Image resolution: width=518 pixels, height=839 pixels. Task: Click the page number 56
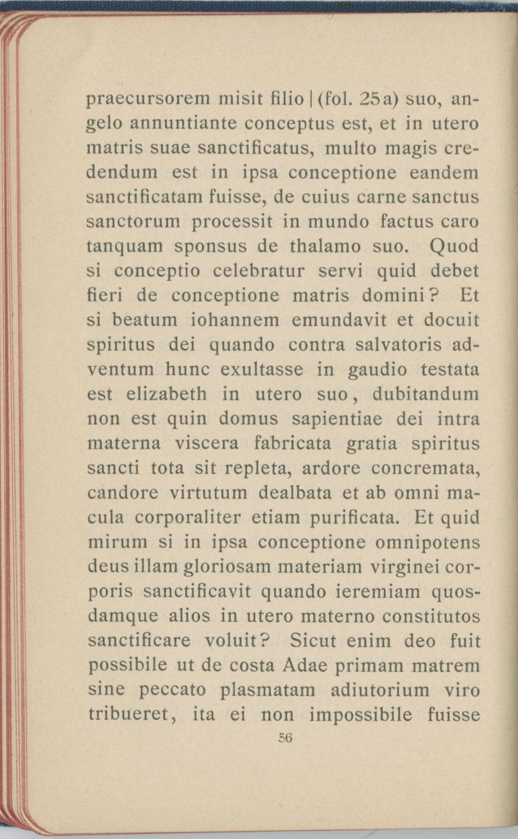pyautogui.click(x=285, y=738)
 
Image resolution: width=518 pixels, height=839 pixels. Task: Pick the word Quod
pyautogui.click(x=455, y=246)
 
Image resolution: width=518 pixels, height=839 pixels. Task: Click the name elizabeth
pyautogui.click(x=166, y=394)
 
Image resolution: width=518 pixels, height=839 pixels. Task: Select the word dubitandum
pyautogui.click(x=426, y=394)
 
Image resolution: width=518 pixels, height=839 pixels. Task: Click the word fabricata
pyautogui.click(x=292, y=443)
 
